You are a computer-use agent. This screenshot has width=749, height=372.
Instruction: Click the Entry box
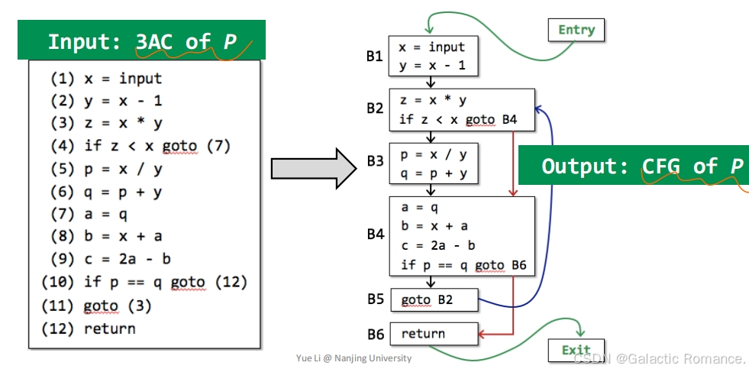pos(576,30)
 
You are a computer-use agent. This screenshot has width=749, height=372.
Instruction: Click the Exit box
pos(576,350)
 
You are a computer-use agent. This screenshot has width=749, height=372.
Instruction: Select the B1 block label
pos(374,57)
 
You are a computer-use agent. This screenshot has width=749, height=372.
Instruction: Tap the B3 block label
pos(374,161)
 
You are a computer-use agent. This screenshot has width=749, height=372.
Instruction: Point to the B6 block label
pos(374,334)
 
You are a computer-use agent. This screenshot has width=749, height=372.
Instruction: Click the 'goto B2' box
pos(434,300)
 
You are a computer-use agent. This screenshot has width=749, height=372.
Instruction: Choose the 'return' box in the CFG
pos(434,333)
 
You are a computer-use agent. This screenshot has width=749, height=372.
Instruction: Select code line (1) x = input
pos(107,79)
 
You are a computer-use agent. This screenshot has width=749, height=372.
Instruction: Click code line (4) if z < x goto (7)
pos(140,146)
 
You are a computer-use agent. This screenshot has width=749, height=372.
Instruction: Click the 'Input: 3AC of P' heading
pos(142,41)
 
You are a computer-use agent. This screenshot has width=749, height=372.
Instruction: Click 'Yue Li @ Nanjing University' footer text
pos(354,358)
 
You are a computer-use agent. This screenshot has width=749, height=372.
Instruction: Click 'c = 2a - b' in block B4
pos(438,245)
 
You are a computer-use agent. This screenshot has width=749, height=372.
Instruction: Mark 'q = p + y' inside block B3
pos(434,174)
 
